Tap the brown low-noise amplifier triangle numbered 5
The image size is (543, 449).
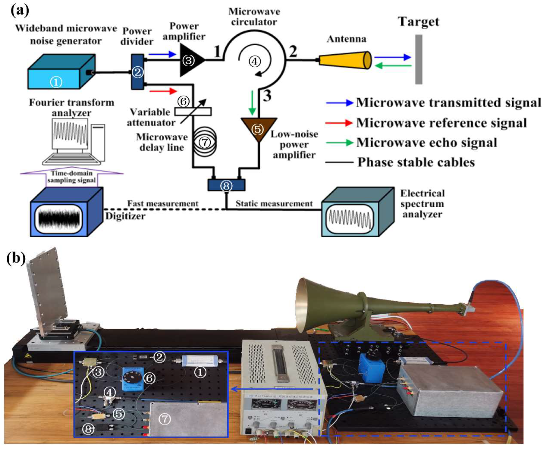(258, 128)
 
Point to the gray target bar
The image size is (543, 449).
(418, 59)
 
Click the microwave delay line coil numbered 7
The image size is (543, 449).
(205, 142)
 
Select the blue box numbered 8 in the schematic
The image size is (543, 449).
(226, 185)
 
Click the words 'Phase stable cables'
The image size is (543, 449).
(416, 162)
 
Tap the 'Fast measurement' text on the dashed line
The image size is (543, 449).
(163, 204)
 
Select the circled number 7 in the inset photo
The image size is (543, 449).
(165, 419)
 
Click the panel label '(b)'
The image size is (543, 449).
(16, 258)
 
